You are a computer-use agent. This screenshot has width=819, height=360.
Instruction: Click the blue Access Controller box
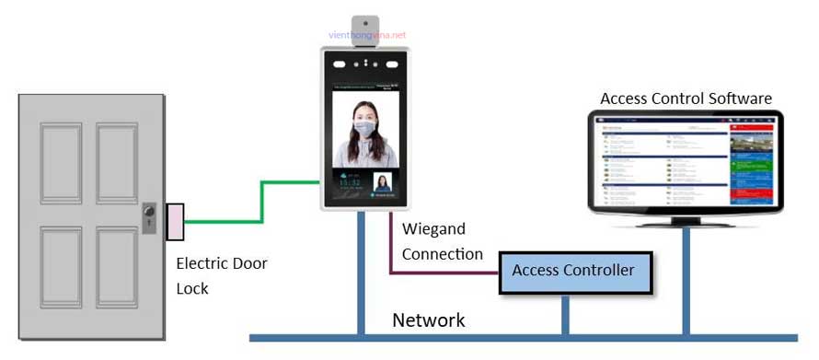pyautogui.click(x=573, y=271)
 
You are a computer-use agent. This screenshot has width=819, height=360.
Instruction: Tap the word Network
pyautogui.click(x=429, y=320)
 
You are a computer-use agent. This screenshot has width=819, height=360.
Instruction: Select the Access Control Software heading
pyautogui.click(x=686, y=99)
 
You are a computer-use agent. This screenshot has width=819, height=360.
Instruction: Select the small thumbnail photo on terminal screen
pyautogui.click(x=382, y=182)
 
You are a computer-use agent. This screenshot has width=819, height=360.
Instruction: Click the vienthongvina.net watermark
pyautogui.click(x=366, y=34)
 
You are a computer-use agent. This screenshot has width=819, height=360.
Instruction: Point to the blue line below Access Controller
pyautogui.click(x=565, y=314)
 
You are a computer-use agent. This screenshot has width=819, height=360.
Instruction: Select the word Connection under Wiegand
pyautogui.click(x=442, y=254)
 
